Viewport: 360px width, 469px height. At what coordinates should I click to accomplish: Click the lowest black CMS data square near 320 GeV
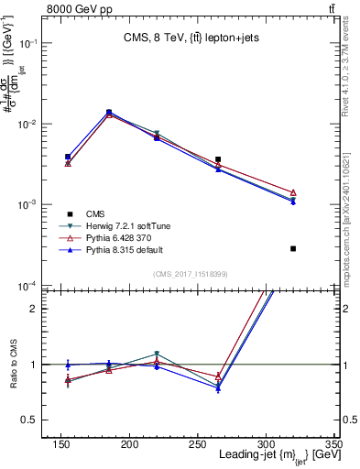click(293, 248)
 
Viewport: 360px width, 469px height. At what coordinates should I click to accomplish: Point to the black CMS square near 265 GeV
click(243, 159)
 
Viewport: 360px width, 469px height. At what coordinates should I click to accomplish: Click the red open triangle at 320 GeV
click(293, 192)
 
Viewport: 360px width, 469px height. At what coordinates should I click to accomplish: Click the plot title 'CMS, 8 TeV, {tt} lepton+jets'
click(191, 38)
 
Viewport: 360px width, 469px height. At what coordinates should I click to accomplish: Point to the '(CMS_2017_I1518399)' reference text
click(191, 273)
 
